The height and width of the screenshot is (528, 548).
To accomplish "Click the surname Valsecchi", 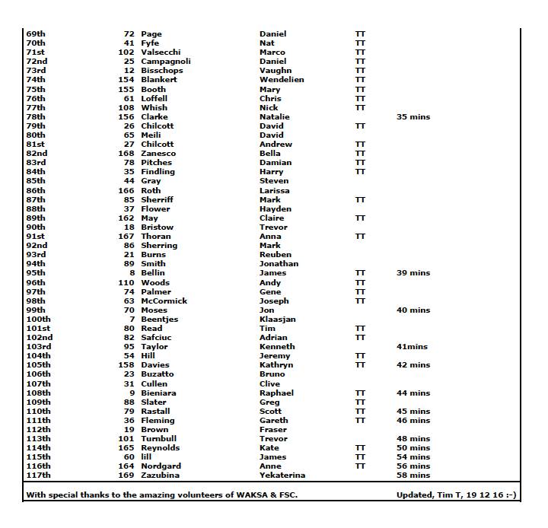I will [160, 52].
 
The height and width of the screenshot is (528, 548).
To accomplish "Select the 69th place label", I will [36, 34].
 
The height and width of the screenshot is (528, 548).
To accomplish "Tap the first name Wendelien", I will [282, 80].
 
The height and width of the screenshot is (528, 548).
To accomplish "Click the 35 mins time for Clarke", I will [413, 117].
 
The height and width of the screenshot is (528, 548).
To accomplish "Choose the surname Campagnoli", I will [166, 62].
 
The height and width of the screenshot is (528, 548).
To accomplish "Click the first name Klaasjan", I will [278, 320].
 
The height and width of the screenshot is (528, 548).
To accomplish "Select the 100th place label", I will [39, 320].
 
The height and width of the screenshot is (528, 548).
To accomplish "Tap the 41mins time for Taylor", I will [412, 347].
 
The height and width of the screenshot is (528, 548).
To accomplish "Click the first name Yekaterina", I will [282, 476].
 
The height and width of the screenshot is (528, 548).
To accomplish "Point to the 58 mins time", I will [413, 476].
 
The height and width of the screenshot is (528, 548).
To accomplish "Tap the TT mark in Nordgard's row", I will [360, 466].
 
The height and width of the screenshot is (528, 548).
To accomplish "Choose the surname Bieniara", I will [158, 393].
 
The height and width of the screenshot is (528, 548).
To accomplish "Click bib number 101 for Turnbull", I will [126, 439].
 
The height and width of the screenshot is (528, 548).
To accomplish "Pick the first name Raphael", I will [276, 393].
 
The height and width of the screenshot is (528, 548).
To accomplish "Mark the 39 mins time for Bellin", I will [413, 273].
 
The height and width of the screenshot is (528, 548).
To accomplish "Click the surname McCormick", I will [164, 301].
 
